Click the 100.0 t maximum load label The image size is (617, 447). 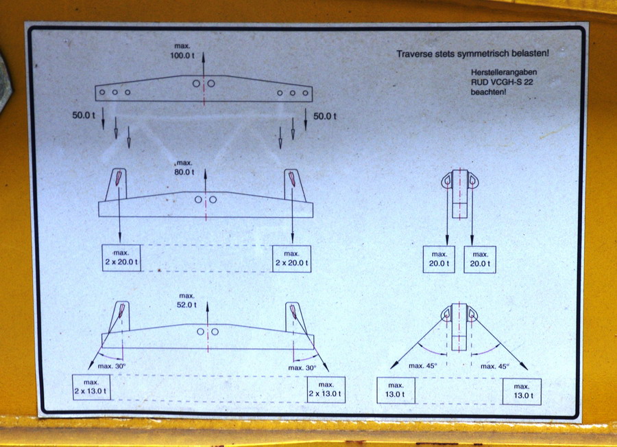tap(182, 51)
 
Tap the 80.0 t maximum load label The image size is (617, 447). tap(184, 168)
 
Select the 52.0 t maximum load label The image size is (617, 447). tap(186, 300)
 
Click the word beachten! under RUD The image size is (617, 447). tap(488, 92)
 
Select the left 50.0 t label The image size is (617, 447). tap(84, 115)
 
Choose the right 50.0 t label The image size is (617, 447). tap(325, 116)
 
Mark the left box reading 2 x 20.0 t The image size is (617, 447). tap(121, 257)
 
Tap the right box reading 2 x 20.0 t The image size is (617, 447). tap(291, 259)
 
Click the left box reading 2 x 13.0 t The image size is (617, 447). tap(91, 387)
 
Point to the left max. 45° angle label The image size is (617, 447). tap(422, 366)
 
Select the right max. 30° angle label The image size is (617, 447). tap(302, 368)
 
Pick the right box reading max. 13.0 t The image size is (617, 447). tap(522, 391)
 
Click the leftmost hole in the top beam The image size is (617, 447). tap(102, 92)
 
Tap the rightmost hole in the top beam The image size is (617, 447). tap(305, 93)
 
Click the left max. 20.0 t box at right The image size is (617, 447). tap(439, 260)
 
